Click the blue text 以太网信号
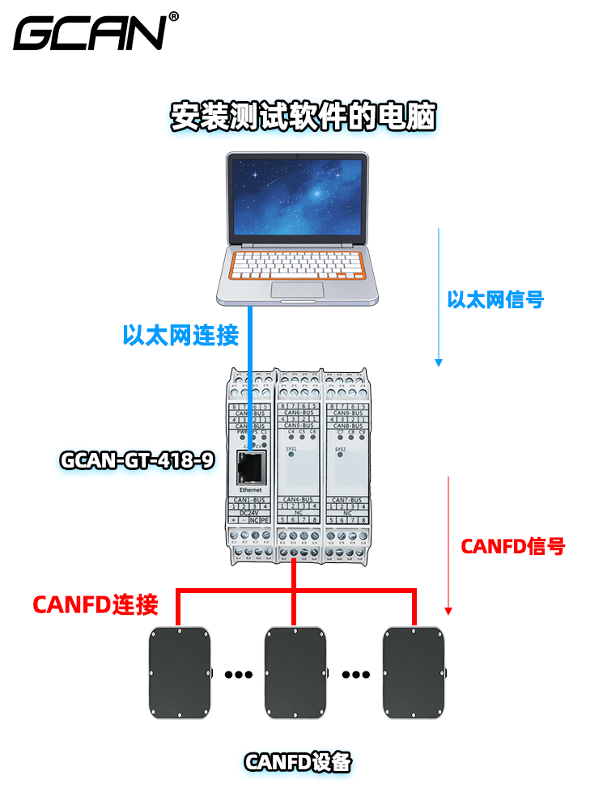pos(495,300)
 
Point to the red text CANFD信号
pos(512,546)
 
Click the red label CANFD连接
pos(95,604)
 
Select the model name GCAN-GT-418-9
pos(138,461)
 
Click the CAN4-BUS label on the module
pos(300,500)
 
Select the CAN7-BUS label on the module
pos(347,500)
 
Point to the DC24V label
pos(250,513)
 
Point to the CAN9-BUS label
pos(347,412)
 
